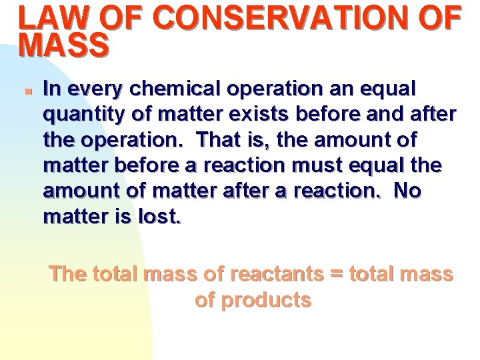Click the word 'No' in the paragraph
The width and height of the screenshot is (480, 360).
(407, 191)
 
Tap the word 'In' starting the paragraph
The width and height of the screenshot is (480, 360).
(51, 89)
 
